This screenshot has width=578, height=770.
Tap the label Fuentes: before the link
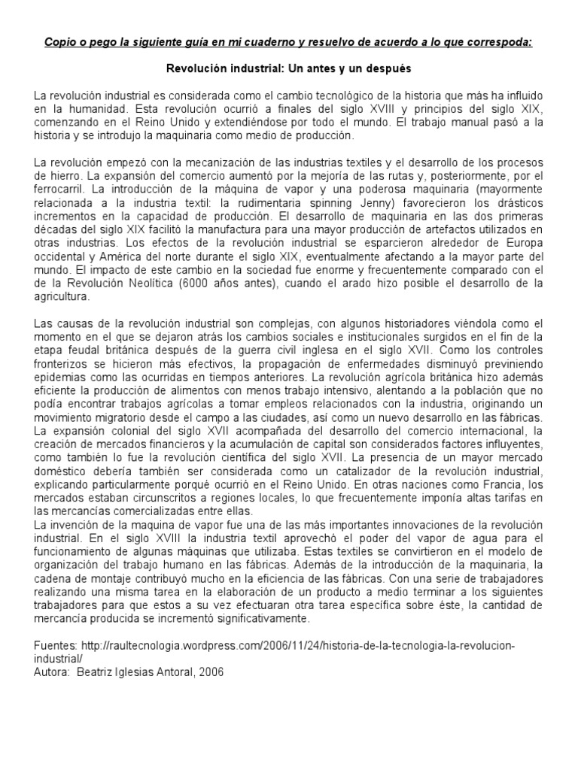56,645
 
